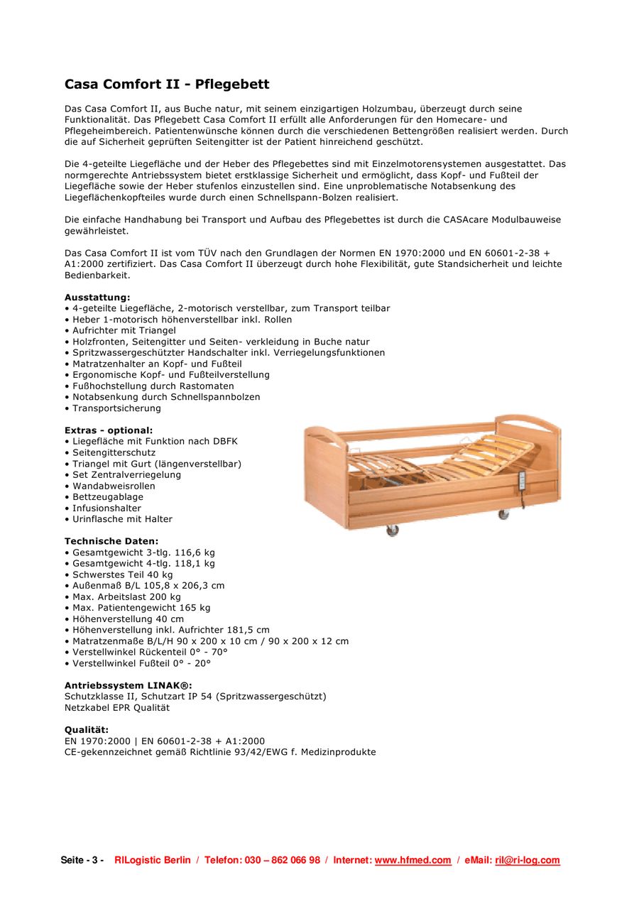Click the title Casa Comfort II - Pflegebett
[167, 85]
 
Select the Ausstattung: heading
[97, 298]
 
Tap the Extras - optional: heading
[109, 430]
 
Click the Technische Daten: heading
[111, 541]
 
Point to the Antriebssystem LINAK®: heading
[128, 686]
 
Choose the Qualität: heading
[87, 730]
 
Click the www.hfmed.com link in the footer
[413, 861]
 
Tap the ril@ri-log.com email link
[527, 861]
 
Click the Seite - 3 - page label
[82, 861]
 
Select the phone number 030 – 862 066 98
[283, 861]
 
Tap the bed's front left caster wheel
[392, 530]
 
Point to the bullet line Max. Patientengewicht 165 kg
[141, 608]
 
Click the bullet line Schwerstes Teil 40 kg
[122, 574]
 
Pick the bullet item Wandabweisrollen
[114, 486]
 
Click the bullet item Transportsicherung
[116, 408]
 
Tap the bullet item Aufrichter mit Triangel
[124, 330]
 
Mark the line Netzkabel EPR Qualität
[117, 708]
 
